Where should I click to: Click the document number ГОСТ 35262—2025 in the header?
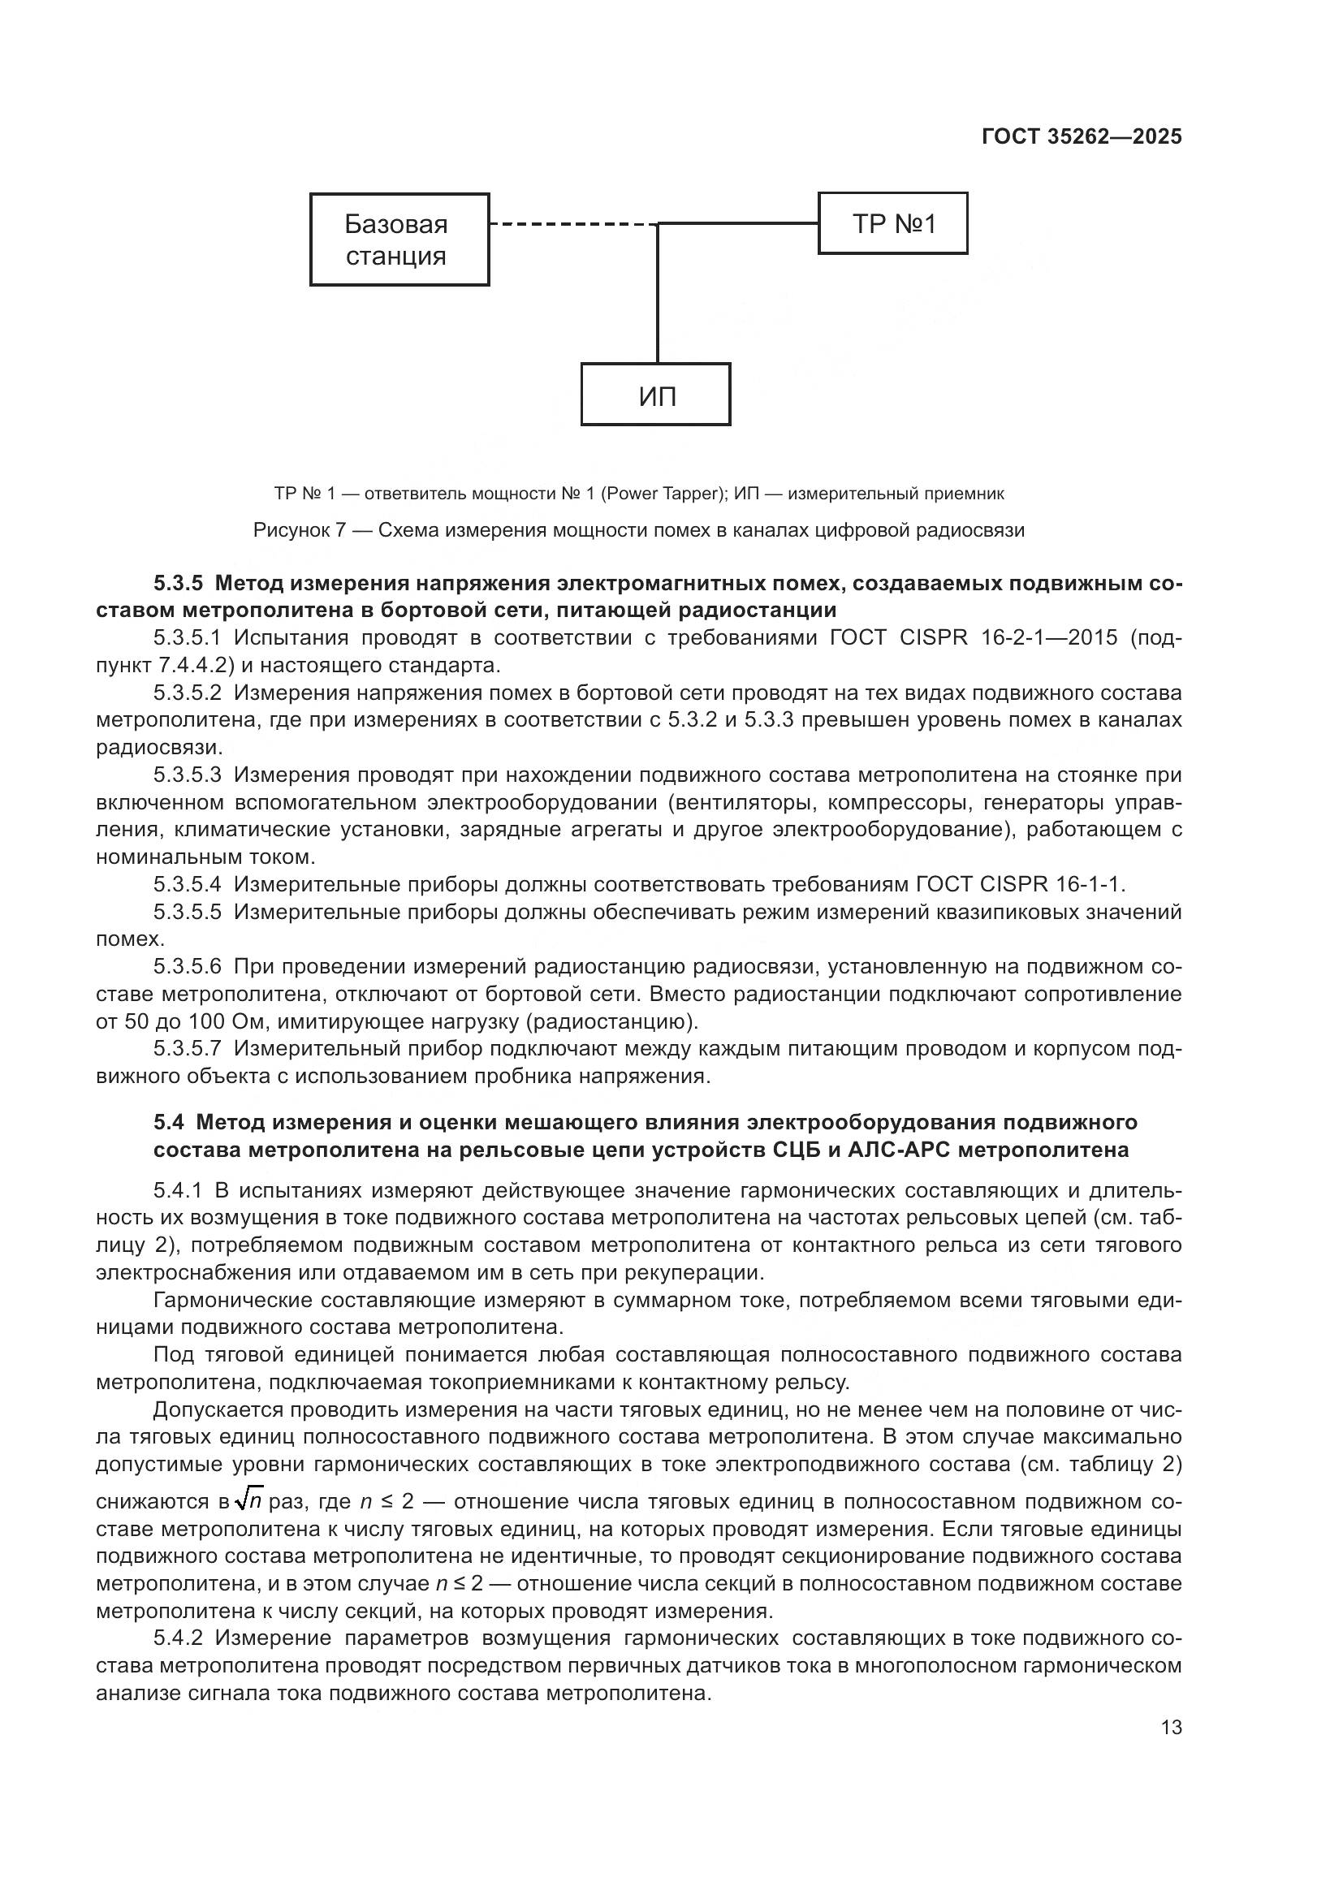click(x=1081, y=137)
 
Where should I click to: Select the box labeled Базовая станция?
click(x=399, y=240)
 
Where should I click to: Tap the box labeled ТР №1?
click(x=892, y=223)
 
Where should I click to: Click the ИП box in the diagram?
click(x=656, y=395)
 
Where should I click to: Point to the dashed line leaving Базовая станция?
click(x=571, y=224)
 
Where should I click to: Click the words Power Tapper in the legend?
click(x=662, y=494)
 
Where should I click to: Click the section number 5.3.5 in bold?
click(x=177, y=584)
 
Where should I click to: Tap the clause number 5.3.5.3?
click(x=187, y=775)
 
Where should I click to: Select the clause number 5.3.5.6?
click(x=187, y=966)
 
